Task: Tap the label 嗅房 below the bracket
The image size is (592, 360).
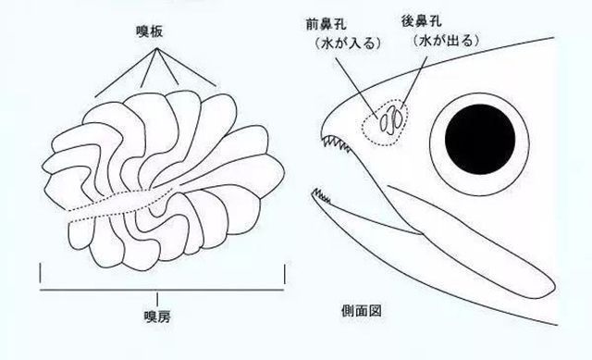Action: [x=158, y=316]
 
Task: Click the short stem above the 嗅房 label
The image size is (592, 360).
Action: [x=158, y=295]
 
